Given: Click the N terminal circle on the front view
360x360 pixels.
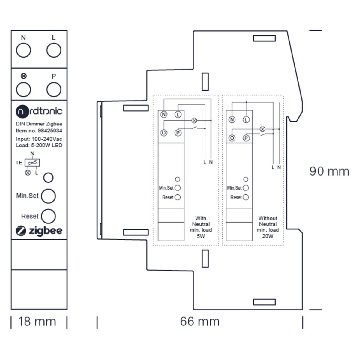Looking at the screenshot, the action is click(23, 50).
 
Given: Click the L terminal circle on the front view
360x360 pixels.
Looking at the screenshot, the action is click(54, 50).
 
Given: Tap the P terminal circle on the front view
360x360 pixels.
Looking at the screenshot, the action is click(54, 90).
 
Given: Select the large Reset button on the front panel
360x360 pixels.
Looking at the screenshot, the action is click(48, 216).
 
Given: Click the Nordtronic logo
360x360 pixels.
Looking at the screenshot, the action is click(39, 111).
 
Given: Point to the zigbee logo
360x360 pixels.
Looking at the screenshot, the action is click(39, 231).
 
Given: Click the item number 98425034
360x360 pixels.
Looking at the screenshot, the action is click(50, 130).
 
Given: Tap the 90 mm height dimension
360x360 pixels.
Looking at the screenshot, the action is click(329, 171).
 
